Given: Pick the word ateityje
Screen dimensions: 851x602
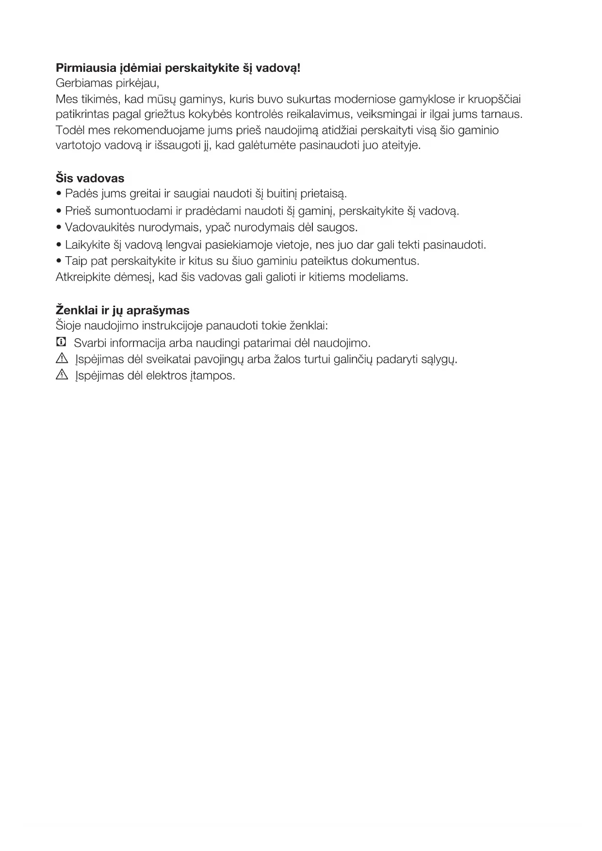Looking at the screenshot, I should (399, 146).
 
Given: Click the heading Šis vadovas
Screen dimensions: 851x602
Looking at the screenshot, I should (90, 178).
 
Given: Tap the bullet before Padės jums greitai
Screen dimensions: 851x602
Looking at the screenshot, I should (59, 194).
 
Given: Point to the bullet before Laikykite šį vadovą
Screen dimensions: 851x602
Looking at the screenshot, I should (59, 245).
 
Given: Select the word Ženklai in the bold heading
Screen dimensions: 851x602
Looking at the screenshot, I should (77, 311).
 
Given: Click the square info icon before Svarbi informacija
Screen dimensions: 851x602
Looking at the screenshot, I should (61, 343).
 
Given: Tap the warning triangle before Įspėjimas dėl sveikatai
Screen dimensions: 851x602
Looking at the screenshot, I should (62, 359).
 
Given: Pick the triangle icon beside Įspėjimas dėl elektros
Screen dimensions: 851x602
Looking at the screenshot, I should (62, 375).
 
